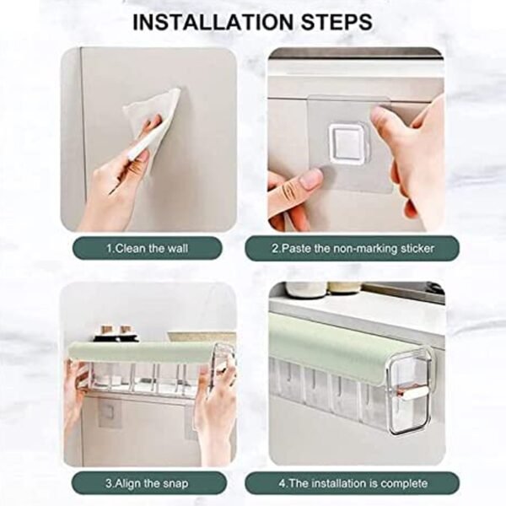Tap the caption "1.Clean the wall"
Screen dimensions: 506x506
click(148, 248)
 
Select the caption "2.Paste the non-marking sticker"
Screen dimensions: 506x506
click(353, 248)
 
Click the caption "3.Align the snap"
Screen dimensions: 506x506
click(148, 482)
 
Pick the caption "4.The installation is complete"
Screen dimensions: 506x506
click(353, 482)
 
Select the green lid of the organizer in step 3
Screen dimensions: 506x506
click(139, 352)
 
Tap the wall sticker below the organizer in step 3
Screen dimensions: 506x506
click(109, 413)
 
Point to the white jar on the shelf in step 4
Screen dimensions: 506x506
click(305, 289)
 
